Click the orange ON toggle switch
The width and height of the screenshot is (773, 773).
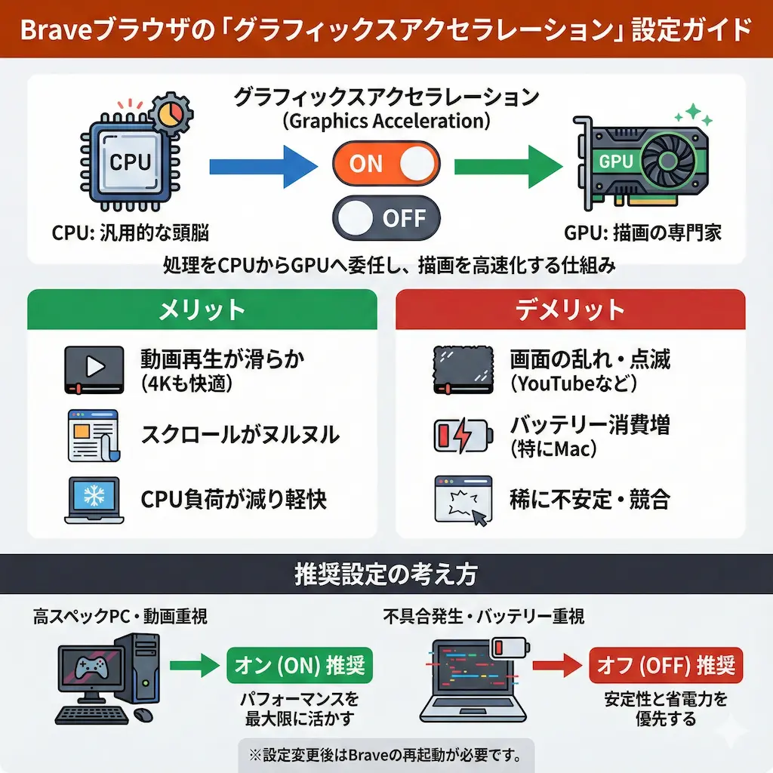386,164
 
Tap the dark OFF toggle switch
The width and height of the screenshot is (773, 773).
386,218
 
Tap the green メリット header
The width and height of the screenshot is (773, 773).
202,310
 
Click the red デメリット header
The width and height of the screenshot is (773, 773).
570,310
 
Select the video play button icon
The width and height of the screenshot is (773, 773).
94,369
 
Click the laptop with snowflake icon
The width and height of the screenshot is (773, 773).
94,499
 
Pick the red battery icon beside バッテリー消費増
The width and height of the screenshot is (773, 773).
462,436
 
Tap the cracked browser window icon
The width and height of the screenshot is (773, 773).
463,499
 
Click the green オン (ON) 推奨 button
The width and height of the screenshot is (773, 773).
300,665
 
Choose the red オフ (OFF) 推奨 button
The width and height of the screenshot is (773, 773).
665,665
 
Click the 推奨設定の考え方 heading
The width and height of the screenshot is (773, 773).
386,575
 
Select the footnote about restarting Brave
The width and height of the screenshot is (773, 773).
386,754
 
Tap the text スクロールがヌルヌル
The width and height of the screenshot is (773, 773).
240,435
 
